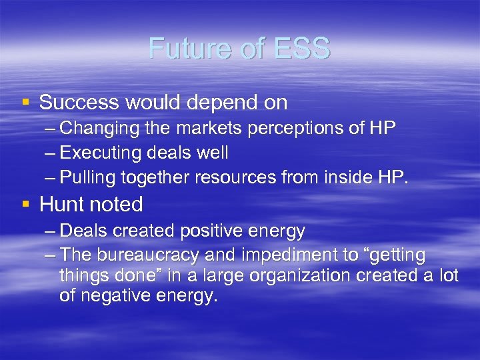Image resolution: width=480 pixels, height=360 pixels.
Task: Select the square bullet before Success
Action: coord(25,102)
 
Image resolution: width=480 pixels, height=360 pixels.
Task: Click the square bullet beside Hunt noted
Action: coord(25,203)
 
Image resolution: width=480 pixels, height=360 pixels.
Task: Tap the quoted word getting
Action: coord(400,256)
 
